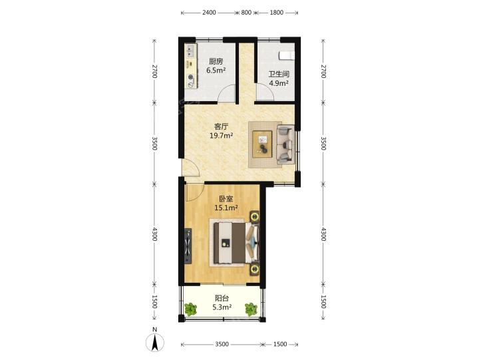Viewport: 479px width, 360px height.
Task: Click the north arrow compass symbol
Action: coord(155,342)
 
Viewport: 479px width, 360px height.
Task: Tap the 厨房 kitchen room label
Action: coord(216,61)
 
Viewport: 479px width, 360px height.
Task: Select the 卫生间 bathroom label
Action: coord(279,75)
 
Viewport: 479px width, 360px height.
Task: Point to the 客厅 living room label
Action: coord(221,126)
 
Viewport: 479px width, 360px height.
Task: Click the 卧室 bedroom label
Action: coord(226,199)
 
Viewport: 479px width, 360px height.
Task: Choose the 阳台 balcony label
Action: coord(222,298)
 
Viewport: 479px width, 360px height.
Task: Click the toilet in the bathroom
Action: coord(287,56)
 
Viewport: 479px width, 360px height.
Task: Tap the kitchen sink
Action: coord(191,51)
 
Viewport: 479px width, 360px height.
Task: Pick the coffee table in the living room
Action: coord(262,144)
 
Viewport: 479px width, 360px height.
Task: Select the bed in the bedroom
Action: coord(236,243)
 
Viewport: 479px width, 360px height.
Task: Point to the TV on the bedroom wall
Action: coord(188,246)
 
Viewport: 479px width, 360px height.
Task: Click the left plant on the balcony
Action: coord(191,309)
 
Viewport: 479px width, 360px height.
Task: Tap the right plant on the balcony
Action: coord(251,309)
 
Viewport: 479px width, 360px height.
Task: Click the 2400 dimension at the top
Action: coord(209,13)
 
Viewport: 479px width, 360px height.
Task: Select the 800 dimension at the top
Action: coord(246,13)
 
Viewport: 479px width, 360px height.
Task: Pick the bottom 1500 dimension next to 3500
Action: coord(280,345)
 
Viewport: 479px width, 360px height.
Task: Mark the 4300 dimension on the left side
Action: coord(154,234)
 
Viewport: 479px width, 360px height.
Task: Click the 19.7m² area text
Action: coord(222,135)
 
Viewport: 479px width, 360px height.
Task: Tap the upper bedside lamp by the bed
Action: coord(254,216)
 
